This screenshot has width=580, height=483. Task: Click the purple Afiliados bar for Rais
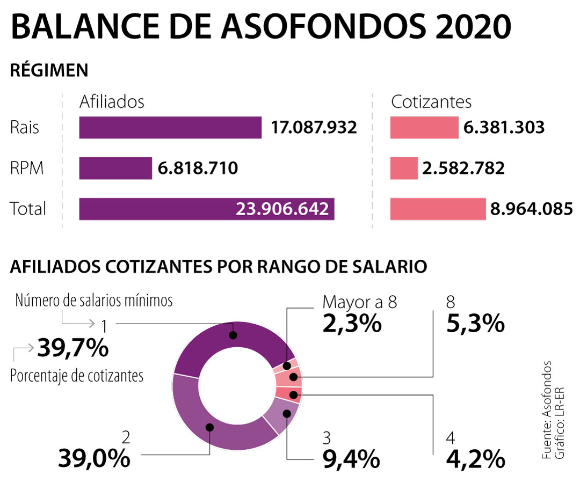(x=170, y=128)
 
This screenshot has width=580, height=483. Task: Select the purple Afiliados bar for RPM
(x=115, y=169)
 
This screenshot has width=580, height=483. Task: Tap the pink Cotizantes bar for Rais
(x=424, y=128)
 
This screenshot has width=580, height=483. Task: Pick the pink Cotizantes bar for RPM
(x=404, y=169)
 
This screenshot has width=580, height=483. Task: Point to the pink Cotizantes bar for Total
(x=438, y=209)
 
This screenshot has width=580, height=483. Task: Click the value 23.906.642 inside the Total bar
(x=282, y=209)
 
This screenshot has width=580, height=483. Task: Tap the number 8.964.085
(x=531, y=209)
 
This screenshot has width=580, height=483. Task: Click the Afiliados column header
(x=112, y=102)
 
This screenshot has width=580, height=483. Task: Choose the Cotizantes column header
(x=431, y=102)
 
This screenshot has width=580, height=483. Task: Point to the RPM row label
(x=27, y=169)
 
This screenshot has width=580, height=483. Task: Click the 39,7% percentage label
(x=73, y=349)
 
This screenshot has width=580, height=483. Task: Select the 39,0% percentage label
(x=94, y=458)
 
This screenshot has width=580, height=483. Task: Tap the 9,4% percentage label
(x=351, y=458)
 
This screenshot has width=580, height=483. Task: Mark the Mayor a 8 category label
(x=360, y=302)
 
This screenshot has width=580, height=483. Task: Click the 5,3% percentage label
(x=475, y=324)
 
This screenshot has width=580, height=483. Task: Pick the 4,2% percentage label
(x=475, y=458)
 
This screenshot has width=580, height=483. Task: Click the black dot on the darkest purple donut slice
(x=233, y=335)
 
